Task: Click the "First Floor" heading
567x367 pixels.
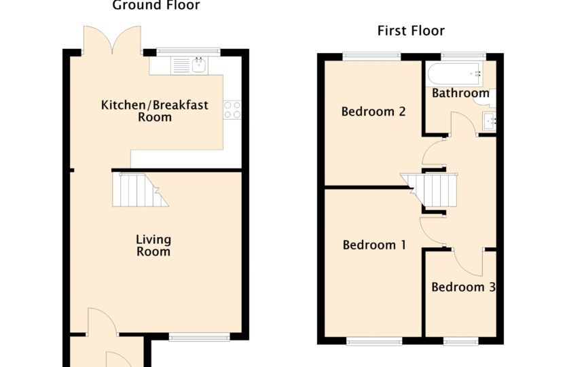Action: [411, 31]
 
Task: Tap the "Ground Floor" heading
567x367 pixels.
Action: [156, 5]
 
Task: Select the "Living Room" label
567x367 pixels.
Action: [153, 245]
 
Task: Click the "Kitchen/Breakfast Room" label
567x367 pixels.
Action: [154, 111]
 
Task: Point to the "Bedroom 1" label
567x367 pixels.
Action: [374, 245]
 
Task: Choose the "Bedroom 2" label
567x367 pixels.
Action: [373, 111]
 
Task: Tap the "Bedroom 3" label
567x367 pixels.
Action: [463, 287]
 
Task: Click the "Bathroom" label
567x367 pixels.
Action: [460, 93]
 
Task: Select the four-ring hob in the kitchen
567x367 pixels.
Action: [232, 110]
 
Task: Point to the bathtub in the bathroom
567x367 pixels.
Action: [454, 74]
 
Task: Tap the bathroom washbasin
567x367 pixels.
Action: [489, 121]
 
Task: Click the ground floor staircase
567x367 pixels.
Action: [140, 190]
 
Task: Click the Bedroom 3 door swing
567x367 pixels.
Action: [469, 262]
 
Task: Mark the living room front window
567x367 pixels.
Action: [199, 338]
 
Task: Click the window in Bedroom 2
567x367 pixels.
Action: [371, 56]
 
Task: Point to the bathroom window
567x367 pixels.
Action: [464, 56]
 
